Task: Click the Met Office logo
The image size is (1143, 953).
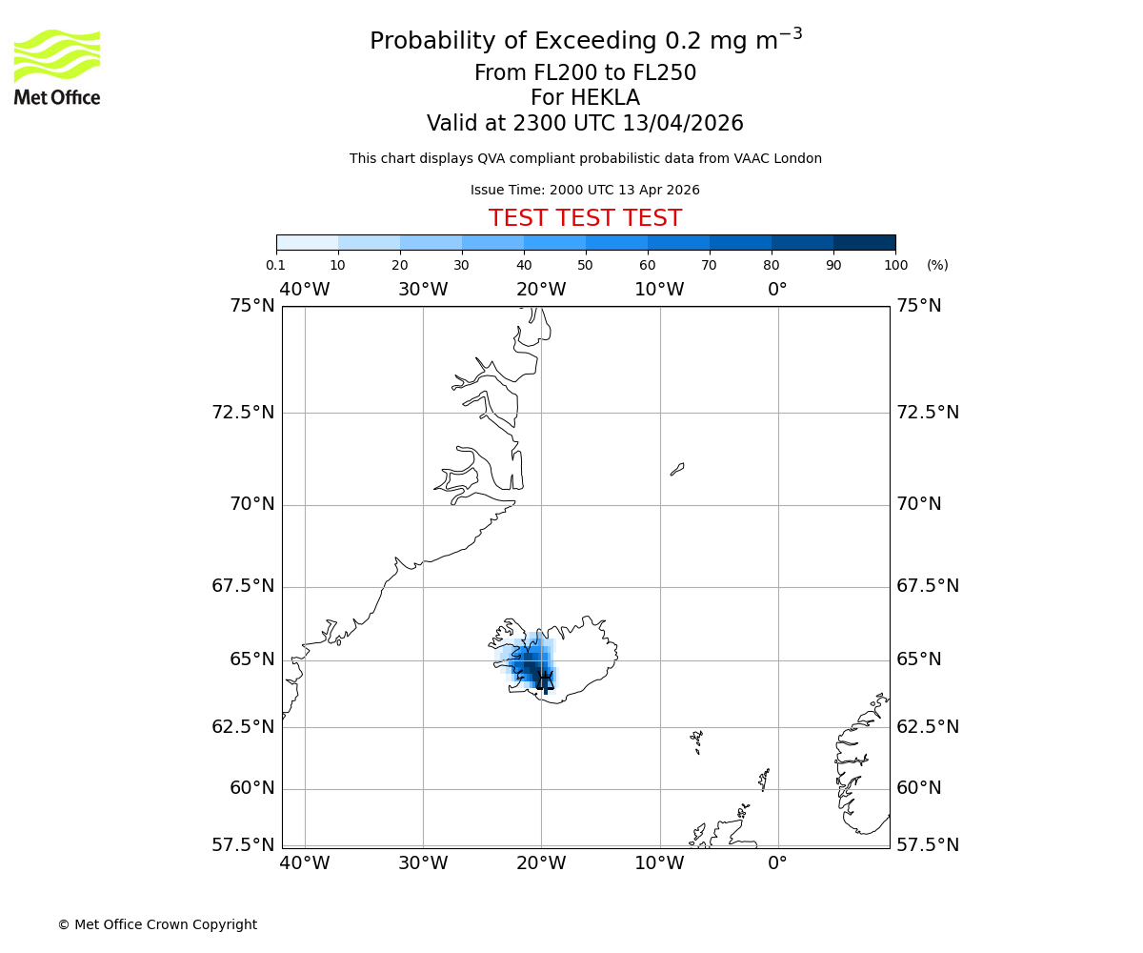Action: tap(57, 67)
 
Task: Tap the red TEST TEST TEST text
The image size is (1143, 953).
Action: tap(585, 219)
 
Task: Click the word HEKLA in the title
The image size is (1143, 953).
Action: tap(605, 98)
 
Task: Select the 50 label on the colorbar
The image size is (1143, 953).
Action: tap(585, 266)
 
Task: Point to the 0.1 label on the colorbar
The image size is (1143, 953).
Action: tap(276, 266)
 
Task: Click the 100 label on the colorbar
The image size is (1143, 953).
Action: tap(895, 266)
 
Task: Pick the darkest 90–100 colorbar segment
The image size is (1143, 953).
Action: tap(864, 242)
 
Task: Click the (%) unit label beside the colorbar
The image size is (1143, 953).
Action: tap(937, 266)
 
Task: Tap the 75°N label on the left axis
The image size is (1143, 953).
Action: tap(251, 306)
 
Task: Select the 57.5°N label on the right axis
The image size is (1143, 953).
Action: tap(928, 845)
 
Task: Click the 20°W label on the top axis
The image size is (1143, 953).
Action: tap(541, 290)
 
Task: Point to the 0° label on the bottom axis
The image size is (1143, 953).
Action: tap(778, 863)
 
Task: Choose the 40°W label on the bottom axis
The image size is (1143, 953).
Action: tap(305, 863)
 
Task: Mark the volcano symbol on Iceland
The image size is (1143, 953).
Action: tap(545, 679)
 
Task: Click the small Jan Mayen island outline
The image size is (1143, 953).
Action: tap(677, 469)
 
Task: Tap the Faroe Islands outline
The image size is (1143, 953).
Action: tap(697, 740)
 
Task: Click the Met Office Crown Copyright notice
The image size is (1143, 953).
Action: tap(157, 924)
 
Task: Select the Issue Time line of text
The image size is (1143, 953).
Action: tap(585, 191)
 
